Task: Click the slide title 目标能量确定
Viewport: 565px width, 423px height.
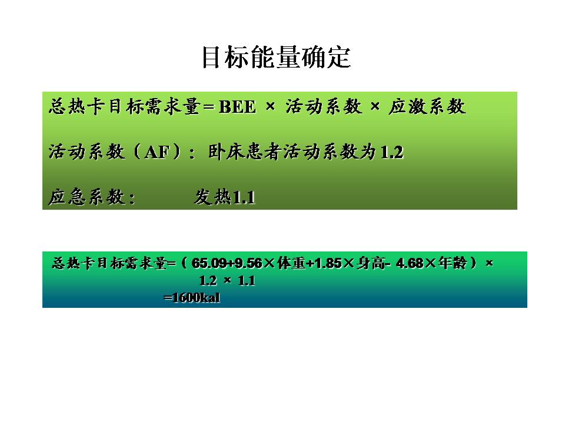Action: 276,58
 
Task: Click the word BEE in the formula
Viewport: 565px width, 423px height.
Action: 237,108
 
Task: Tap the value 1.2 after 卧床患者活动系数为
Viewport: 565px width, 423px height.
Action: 392,153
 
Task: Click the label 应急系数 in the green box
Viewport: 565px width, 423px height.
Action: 88,198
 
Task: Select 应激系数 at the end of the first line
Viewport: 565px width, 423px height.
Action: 427,107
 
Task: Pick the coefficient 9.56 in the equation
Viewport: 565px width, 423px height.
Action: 248,264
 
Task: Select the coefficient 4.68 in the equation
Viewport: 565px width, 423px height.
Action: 410,264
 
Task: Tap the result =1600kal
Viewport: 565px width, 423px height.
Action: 192,298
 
